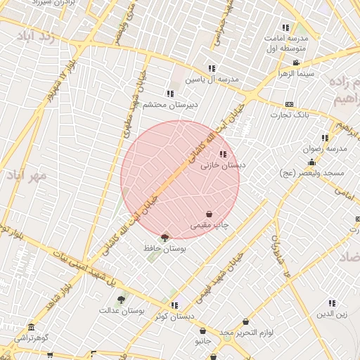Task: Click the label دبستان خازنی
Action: point(223,166)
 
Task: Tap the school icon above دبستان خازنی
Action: point(223,154)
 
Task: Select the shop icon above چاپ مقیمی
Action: point(210,214)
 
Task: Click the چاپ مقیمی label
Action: point(210,226)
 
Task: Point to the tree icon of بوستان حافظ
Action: point(165,238)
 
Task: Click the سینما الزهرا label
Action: point(295,74)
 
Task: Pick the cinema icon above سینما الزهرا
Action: point(295,63)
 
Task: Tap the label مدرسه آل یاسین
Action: point(212,79)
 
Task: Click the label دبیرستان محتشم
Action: point(170,105)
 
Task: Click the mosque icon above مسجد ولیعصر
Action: point(311,162)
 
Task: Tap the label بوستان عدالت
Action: point(121,309)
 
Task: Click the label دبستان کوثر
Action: point(174,316)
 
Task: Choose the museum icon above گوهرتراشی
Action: point(30,328)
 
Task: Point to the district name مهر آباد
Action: point(28,174)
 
